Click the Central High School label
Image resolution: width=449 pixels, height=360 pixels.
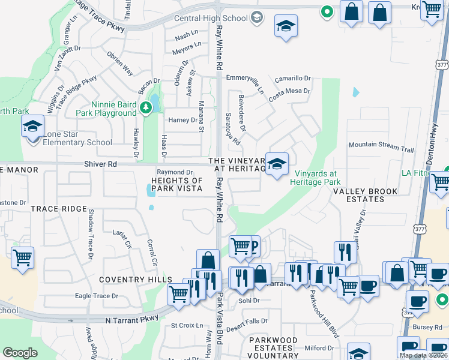(211, 18)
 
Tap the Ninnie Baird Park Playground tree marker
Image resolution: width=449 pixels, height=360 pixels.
(145, 107)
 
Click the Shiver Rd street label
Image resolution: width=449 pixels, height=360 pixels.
(101, 164)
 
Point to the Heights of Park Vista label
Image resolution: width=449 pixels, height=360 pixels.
(176, 185)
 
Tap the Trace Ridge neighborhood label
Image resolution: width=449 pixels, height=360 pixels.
(59, 209)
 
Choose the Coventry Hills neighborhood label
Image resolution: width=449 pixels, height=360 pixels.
(136, 280)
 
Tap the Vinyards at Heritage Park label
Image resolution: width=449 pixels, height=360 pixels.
(318, 178)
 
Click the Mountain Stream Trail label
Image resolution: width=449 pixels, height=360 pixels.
(381, 145)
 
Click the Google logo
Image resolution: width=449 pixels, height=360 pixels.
(20, 353)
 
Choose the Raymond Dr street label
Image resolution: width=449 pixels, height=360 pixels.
(174, 172)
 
